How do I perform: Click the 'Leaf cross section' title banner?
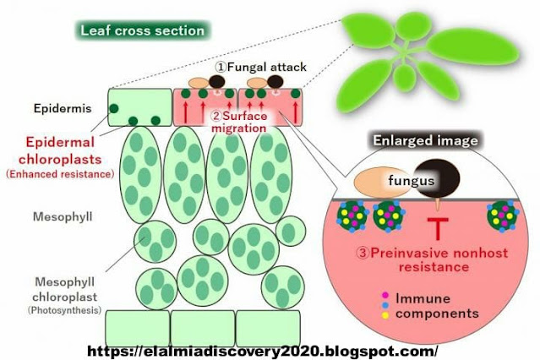point(142,31)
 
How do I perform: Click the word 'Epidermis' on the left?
point(57,109)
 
